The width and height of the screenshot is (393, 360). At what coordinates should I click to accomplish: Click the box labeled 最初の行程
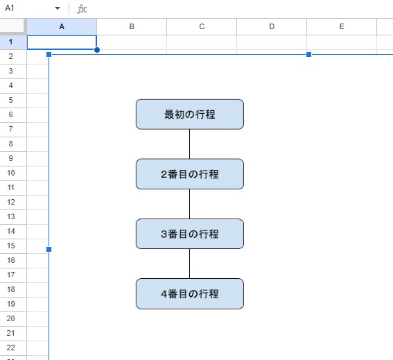tap(190, 114)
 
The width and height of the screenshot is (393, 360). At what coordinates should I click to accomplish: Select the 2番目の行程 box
tap(190, 174)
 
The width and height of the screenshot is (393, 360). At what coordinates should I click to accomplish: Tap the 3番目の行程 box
tap(190, 234)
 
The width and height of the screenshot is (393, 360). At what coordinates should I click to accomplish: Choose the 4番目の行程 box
tap(190, 293)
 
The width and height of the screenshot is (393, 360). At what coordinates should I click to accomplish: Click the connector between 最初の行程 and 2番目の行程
tap(189, 144)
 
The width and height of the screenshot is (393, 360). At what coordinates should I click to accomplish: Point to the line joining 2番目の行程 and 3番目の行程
tap(189, 204)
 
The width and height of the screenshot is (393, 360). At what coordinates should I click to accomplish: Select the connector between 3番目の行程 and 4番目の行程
tap(189, 264)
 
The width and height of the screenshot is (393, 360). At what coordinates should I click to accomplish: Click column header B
tap(132, 26)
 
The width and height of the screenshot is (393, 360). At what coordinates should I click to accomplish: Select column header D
tap(272, 26)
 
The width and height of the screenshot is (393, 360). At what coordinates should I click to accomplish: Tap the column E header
tap(342, 26)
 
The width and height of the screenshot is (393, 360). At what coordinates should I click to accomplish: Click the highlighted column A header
tap(62, 26)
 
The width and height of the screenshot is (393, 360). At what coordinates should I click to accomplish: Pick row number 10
tap(11, 173)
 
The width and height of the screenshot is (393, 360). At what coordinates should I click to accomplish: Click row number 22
tap(11, 348)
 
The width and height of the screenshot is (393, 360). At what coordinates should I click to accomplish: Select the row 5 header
tap(11, 100)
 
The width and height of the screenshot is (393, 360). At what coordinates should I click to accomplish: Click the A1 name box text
tap(10, 8)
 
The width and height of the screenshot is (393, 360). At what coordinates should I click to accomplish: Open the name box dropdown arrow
tap(58, 8)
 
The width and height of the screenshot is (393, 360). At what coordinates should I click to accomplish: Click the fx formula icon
tap(82, 9)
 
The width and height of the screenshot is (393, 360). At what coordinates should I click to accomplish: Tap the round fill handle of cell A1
tap(97, 50)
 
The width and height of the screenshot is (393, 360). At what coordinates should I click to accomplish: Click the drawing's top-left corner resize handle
tap(49, 54)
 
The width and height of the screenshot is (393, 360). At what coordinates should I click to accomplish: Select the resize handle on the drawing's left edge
tap(49, 249)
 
